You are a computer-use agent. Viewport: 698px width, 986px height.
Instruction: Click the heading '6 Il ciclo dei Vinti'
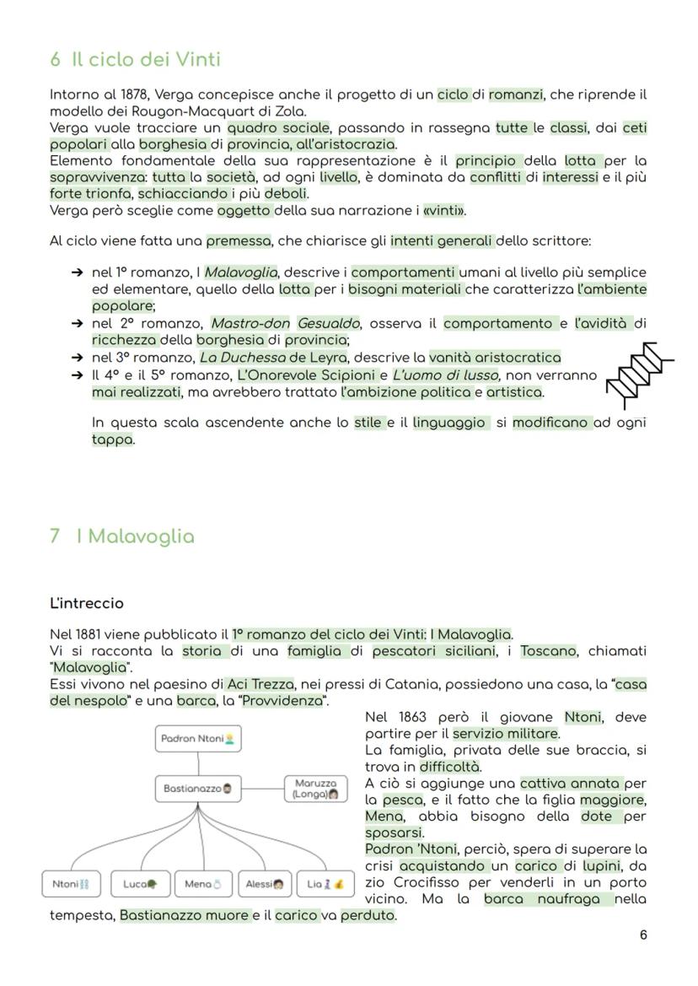(x=135, y=60)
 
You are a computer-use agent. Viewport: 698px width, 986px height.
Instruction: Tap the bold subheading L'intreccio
(x=87, y=603)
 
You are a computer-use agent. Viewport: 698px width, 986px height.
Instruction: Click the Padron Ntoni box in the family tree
(x=197, y=739)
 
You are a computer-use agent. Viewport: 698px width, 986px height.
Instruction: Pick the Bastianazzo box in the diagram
(x=197, y=789)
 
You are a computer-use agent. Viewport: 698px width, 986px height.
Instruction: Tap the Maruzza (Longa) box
(x=314, y=789)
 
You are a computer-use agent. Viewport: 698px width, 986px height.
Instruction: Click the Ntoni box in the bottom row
(x=71, y=883)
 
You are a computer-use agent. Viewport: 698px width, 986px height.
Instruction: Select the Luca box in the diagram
(x=140, y=883)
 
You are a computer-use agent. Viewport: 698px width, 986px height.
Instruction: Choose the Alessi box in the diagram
(x=264, y=883)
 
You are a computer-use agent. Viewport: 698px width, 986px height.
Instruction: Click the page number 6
(x=643, y=935)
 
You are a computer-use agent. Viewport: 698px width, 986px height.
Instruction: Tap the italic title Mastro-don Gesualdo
(x=285, y=323)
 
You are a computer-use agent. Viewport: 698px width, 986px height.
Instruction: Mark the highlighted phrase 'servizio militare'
(x=505, y=734)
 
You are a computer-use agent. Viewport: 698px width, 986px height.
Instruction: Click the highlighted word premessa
(x=239, y=241)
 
